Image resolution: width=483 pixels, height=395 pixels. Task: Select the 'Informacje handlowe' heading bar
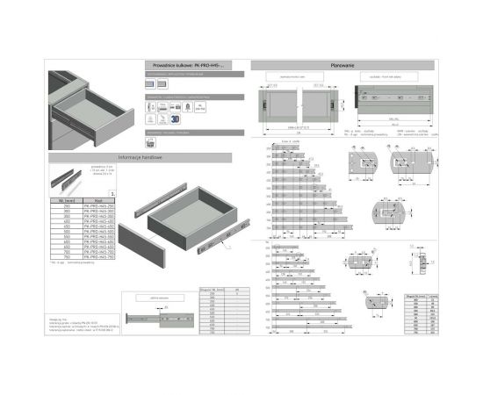pyautogui.click(x=138, y=157)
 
